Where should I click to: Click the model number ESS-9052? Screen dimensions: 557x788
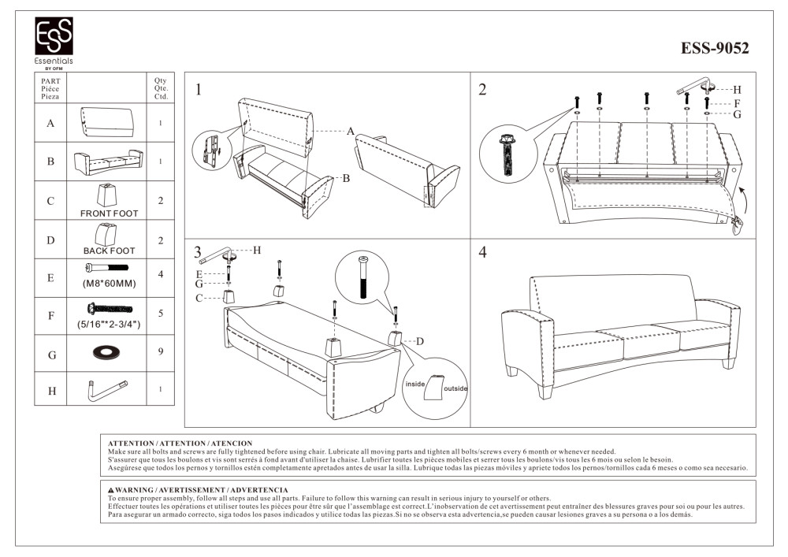(715, 49)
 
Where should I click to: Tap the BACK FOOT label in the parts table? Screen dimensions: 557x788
(109, 251)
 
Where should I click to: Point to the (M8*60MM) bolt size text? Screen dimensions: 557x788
(109, 283)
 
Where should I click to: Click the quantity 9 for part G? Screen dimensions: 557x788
(160, 352)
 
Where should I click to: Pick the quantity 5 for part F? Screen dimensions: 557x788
(160, 314)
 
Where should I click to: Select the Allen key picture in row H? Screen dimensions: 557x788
(108, 389)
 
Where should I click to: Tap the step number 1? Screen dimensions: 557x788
(199, 90)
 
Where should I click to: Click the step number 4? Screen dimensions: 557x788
(482, 253)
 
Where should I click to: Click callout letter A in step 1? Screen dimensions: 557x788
(351, 132)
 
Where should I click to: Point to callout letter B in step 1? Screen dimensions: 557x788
(345, 179)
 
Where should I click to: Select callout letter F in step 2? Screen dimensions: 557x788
(736, 103)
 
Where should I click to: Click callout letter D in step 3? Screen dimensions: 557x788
(419, 341)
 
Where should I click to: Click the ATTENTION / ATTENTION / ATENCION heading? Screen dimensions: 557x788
(180, 444)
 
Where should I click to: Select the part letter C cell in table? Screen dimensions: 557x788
(50, 201)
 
